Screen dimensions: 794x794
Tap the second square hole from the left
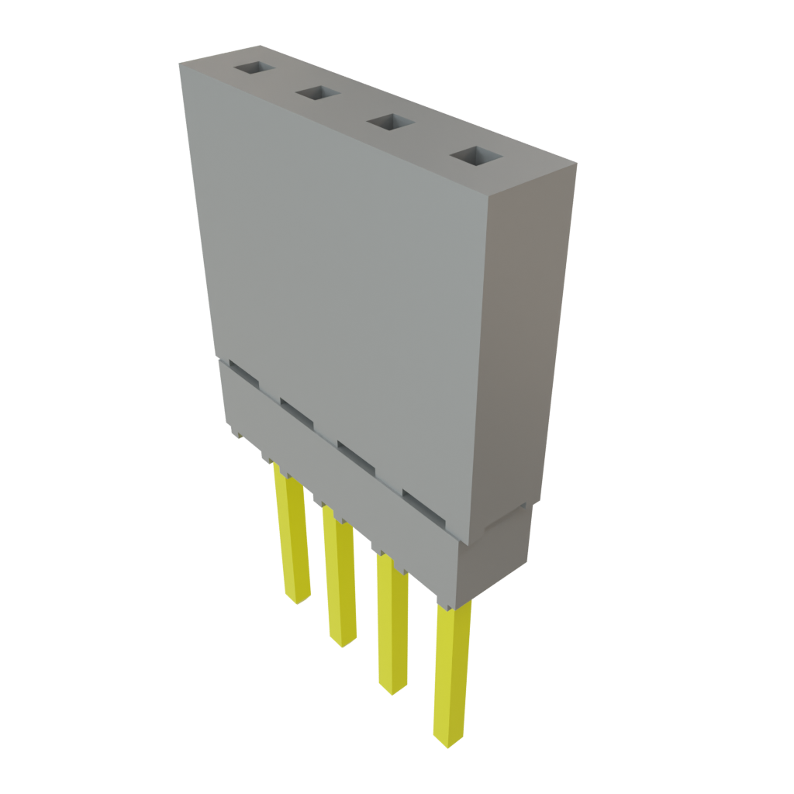point(316,94)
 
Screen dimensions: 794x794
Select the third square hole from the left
point(390,123)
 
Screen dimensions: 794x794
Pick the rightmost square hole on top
point(476,156)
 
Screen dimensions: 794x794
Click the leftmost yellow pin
point(292,535)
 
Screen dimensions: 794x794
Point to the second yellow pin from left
point(339,574)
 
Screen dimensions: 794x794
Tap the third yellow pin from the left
point(392,620)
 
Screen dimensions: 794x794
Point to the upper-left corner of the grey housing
point(180,64)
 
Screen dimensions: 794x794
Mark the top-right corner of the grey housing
point(575,164)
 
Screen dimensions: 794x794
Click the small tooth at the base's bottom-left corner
point(234,434)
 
